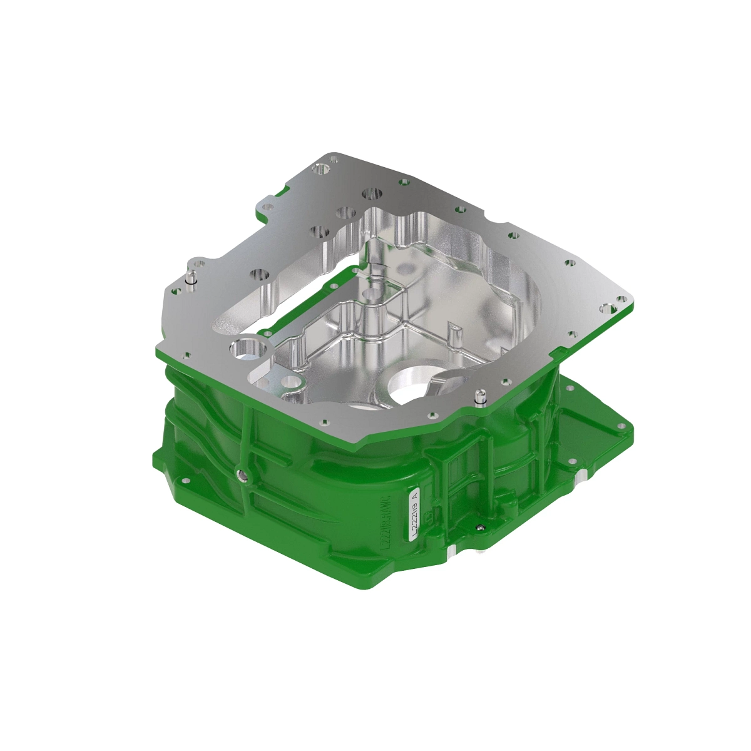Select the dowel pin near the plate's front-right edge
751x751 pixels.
click(480, 397)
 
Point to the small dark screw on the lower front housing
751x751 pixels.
click(479, 528)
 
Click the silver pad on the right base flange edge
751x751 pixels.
click(579, 480)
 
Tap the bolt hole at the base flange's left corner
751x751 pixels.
click(185, 481)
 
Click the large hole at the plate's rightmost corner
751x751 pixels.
click(605, 308)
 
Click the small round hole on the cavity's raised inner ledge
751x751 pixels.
click(289, 381)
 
